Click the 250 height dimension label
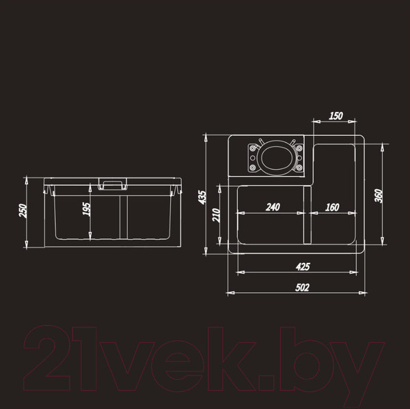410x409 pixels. (22, 212)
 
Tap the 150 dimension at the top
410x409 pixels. (336, 116)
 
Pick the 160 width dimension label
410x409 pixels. (333, 207)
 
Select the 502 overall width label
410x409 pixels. (301, 287)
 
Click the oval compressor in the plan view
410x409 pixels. (277, 157)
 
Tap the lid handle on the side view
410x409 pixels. (112, 183)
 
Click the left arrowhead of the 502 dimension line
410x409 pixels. (230, 293)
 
